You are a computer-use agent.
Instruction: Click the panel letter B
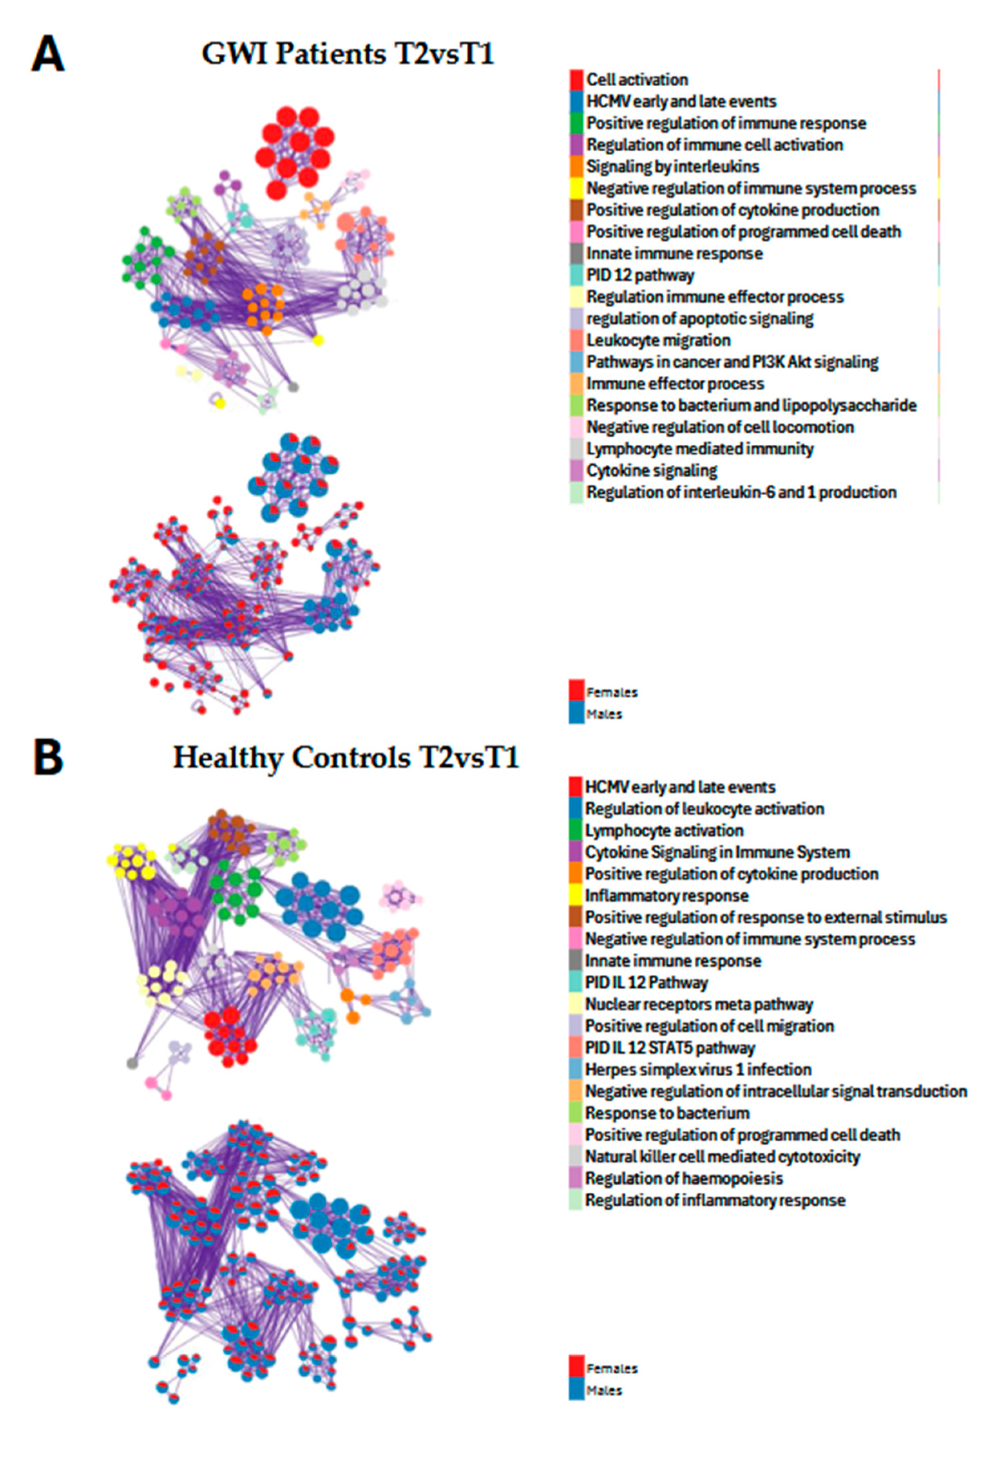(x=48, y=758)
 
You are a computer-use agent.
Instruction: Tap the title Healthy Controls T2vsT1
(x=346, y=758)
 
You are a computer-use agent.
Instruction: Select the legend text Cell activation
(x=636, y=80)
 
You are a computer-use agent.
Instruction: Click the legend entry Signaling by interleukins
(x=673, y=166)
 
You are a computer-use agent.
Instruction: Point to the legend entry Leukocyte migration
(x=658, y=340)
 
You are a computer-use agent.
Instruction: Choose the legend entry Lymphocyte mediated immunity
(x=699, y=449)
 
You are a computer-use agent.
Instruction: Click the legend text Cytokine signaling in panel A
(x=652, y=470)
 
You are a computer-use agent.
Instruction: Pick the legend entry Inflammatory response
(x=666, y=895)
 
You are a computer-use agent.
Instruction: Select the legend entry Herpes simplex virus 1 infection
(x=697, y=1069)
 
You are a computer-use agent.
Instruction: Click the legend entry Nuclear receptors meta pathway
(x=699, y=1004)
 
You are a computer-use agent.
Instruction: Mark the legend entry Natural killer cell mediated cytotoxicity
(x=722, y=1156)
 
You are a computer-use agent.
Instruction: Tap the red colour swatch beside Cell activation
(x=576, y=80)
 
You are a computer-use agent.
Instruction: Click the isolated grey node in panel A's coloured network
(x=293, y=386)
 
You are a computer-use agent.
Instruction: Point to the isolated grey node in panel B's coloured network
(x=132, y=1063)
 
